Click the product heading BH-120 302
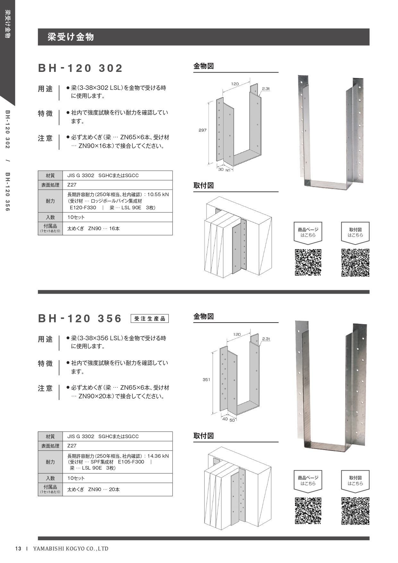pos(80,68)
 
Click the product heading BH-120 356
pos(80,318)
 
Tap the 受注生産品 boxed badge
pos(150,319)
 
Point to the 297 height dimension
pos(202,130)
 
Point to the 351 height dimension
pos(206,379)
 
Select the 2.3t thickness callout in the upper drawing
pos(266,89)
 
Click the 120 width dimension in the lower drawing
pos(237,334)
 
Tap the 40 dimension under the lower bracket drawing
pos(225,419)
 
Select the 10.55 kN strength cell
pos(118,201)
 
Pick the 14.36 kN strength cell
pos(118,462)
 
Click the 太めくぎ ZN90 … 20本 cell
pos(118,489)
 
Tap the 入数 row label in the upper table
pos(50,217)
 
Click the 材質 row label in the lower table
pos(50,437)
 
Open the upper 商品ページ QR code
pos(308,262)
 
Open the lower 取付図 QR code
pos(355,511)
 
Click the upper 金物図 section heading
pos(204,66)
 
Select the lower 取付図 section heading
pos(204,436)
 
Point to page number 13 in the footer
pos(18,549)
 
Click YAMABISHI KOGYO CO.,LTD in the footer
pos(71,549)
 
